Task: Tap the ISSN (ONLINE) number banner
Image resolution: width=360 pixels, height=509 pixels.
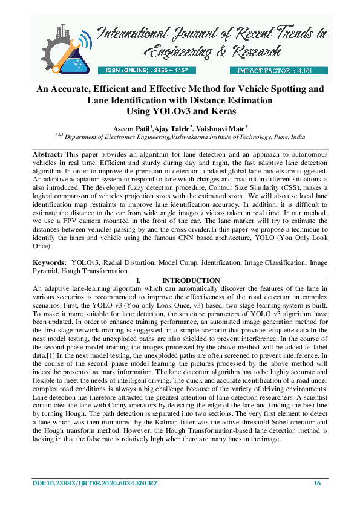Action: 148,71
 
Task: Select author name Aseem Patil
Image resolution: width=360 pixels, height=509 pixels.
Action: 133,128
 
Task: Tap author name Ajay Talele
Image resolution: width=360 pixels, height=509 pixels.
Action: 174,128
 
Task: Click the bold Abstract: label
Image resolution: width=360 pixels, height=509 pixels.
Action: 48,155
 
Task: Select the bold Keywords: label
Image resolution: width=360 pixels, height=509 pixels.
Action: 50,263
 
